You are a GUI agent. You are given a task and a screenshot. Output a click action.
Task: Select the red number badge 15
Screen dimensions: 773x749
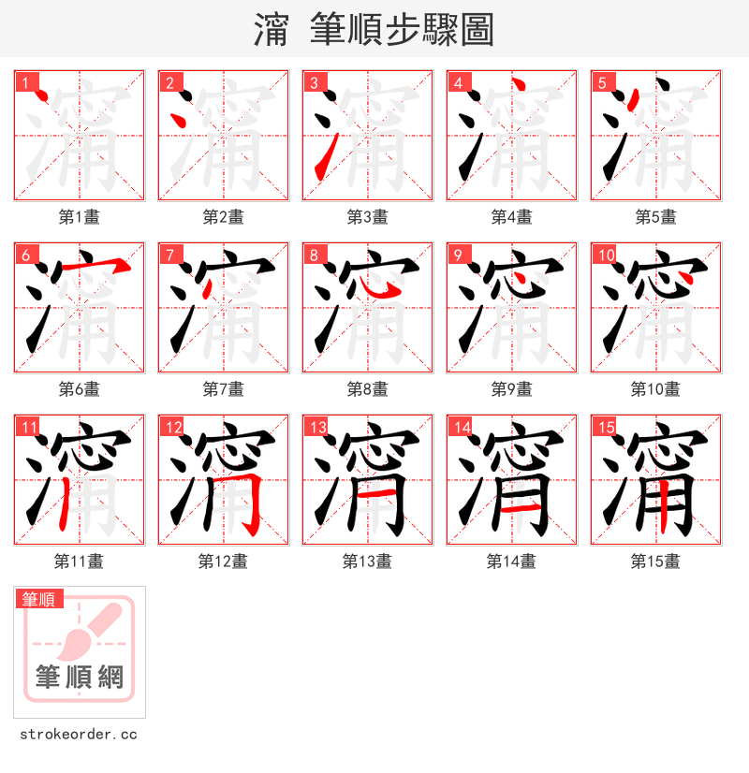(x=605, y=427)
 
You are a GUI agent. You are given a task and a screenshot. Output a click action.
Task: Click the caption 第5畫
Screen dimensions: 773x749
(x=655, y=217)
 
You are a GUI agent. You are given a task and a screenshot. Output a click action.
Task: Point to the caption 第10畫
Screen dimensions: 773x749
(x=655, y=389)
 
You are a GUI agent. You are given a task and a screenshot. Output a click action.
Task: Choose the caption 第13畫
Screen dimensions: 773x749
(x=367, y=562)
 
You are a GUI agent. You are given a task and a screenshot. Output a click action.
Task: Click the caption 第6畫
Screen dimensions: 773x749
(x=79, y=389)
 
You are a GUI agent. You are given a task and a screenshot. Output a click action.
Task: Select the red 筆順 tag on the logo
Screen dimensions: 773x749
(x=39, y=599)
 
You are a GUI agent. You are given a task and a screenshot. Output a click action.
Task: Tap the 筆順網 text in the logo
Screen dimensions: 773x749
(x=80, y=676)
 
